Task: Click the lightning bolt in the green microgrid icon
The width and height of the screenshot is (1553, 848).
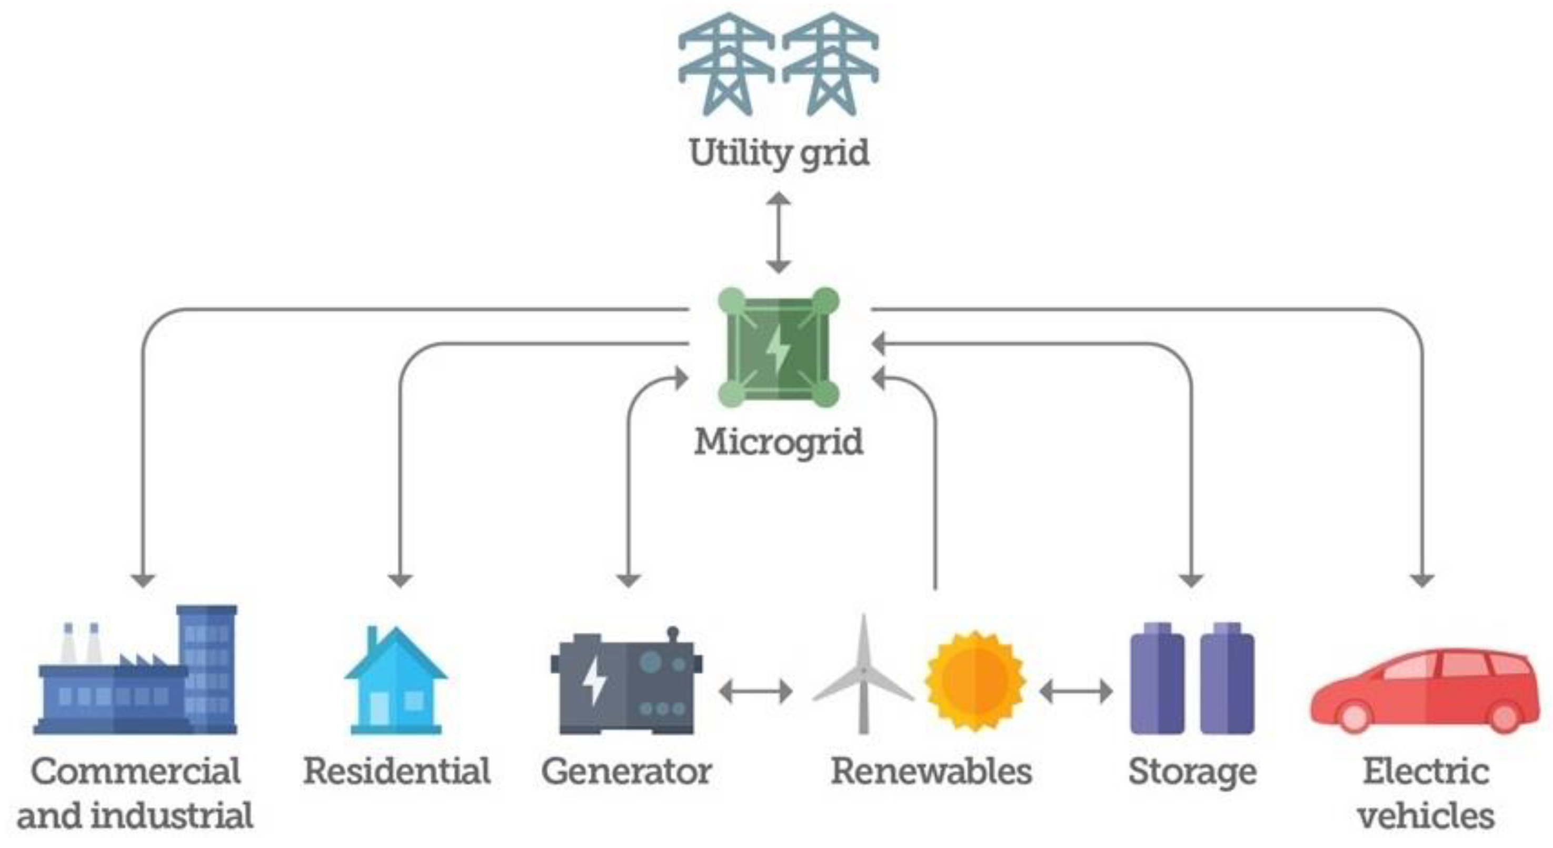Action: pyautogui.click(x=778, y=348)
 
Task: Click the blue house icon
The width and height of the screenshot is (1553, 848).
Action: pyautogui.click(x=395, y=681)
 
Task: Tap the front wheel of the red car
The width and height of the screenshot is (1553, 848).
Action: pyautogui.click(x=1353, y=717)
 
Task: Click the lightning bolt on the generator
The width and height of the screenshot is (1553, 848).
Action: pyautogui.click(x=594, y=681)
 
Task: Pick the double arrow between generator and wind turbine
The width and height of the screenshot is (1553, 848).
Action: pyautogui.click(x=756, y=691)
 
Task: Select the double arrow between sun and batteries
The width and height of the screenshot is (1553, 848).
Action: pyautogui.click(x=1076, y=691)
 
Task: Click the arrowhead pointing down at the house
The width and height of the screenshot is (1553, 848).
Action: pyautogui.click(x=400, y=580)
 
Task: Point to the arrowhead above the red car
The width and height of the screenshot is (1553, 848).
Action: pyautogui.click(x=1422, y=580)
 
